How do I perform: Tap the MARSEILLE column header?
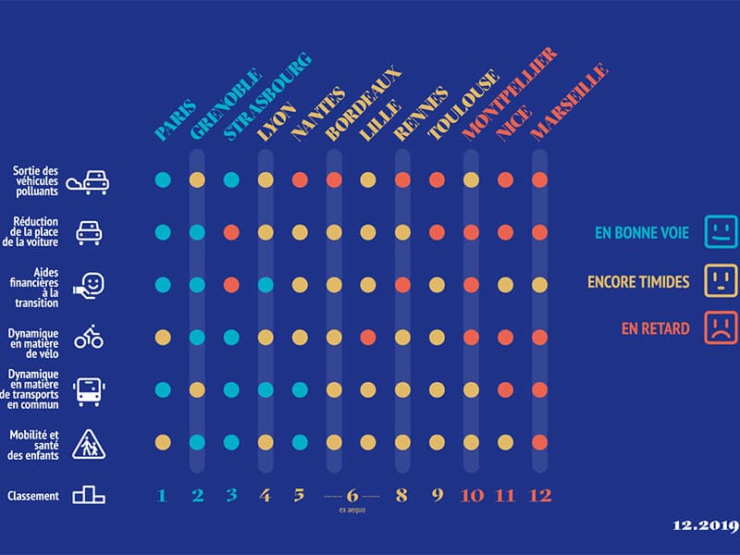pos(569,103)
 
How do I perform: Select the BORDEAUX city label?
pos(364,104)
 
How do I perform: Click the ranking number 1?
pos(163,496)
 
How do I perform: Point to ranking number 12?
pos(539,496)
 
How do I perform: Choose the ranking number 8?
pos(402,496)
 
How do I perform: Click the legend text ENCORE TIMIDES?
pos(638,281)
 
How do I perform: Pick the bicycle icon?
pos(89,338)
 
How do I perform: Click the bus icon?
pos(89,391)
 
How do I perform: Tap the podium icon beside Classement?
pos(89,496)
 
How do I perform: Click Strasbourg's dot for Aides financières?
pos(231,285)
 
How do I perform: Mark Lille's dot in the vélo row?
pos(368,338)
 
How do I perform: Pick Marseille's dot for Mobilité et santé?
pos(539,442)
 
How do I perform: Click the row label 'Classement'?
pos(33,496)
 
